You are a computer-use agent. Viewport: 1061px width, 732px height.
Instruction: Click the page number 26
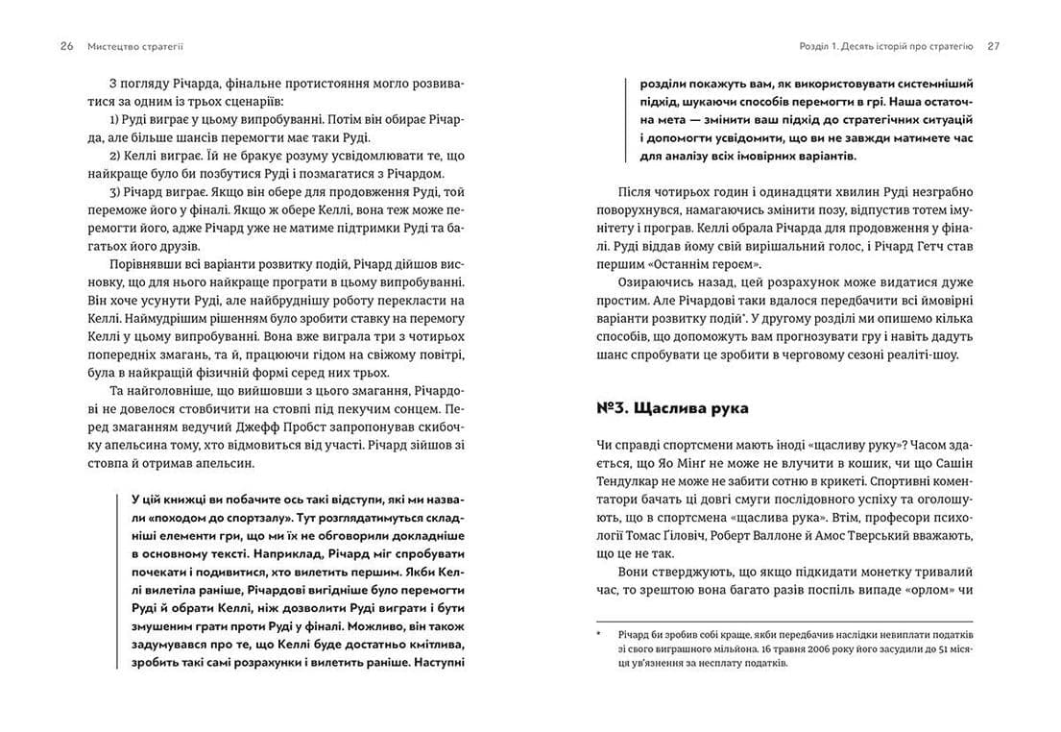tap(67, 45)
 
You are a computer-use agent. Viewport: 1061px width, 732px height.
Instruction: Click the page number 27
tap(993, 45)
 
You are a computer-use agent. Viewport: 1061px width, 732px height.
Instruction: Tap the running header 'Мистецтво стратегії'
tap(135, 45)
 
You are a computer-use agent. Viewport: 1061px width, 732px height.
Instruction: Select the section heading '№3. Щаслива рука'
tap(672, 408)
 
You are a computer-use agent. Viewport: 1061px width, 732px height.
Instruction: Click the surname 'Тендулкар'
tap(634, 482)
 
